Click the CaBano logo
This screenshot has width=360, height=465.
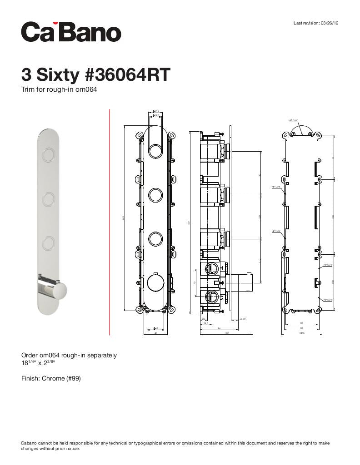[x=71, y=32]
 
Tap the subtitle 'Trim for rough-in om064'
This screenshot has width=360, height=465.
[x=59, y=89]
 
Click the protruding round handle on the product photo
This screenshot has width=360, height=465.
[x=56, y=289]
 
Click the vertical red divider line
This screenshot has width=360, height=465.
[x=110, y=222]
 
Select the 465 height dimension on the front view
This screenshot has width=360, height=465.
[x=123, y=218]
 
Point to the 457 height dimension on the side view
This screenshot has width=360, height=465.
[x=190, y=222]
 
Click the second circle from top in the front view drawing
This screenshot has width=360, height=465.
[x=155, y=195]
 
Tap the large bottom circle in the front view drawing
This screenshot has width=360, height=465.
[x=155, y=283]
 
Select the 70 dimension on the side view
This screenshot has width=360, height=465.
[x=195, y=283]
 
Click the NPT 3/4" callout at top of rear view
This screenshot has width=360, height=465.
[x=293, y=121]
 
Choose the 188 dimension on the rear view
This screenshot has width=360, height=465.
[x=333, y=217]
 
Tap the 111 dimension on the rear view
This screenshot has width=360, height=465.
[x=333, y=157]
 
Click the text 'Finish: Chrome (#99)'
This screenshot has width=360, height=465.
[x=51, y=378]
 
